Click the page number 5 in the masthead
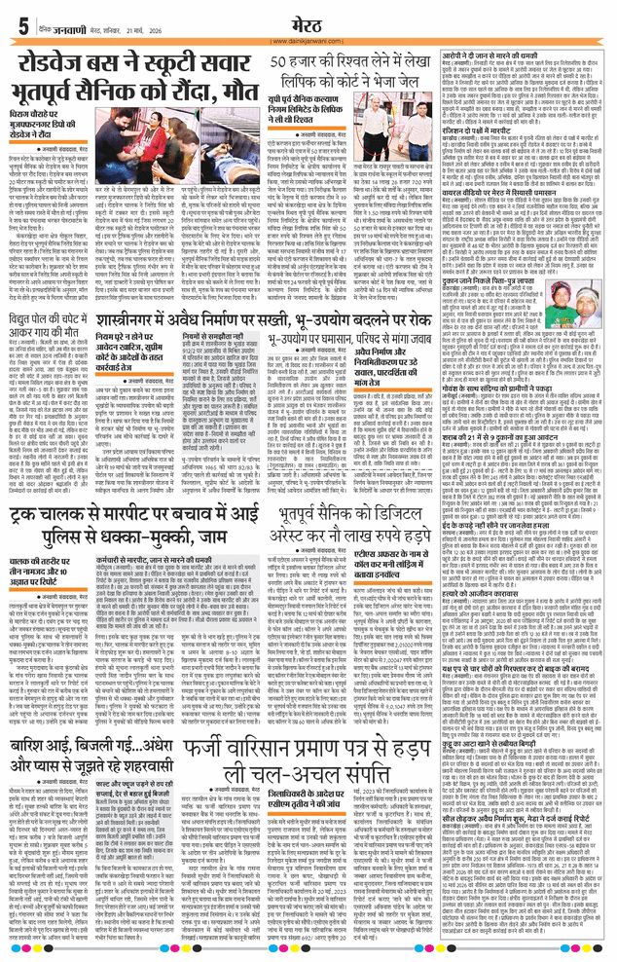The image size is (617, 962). (20, 26)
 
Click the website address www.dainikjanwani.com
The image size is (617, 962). (308, 40)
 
